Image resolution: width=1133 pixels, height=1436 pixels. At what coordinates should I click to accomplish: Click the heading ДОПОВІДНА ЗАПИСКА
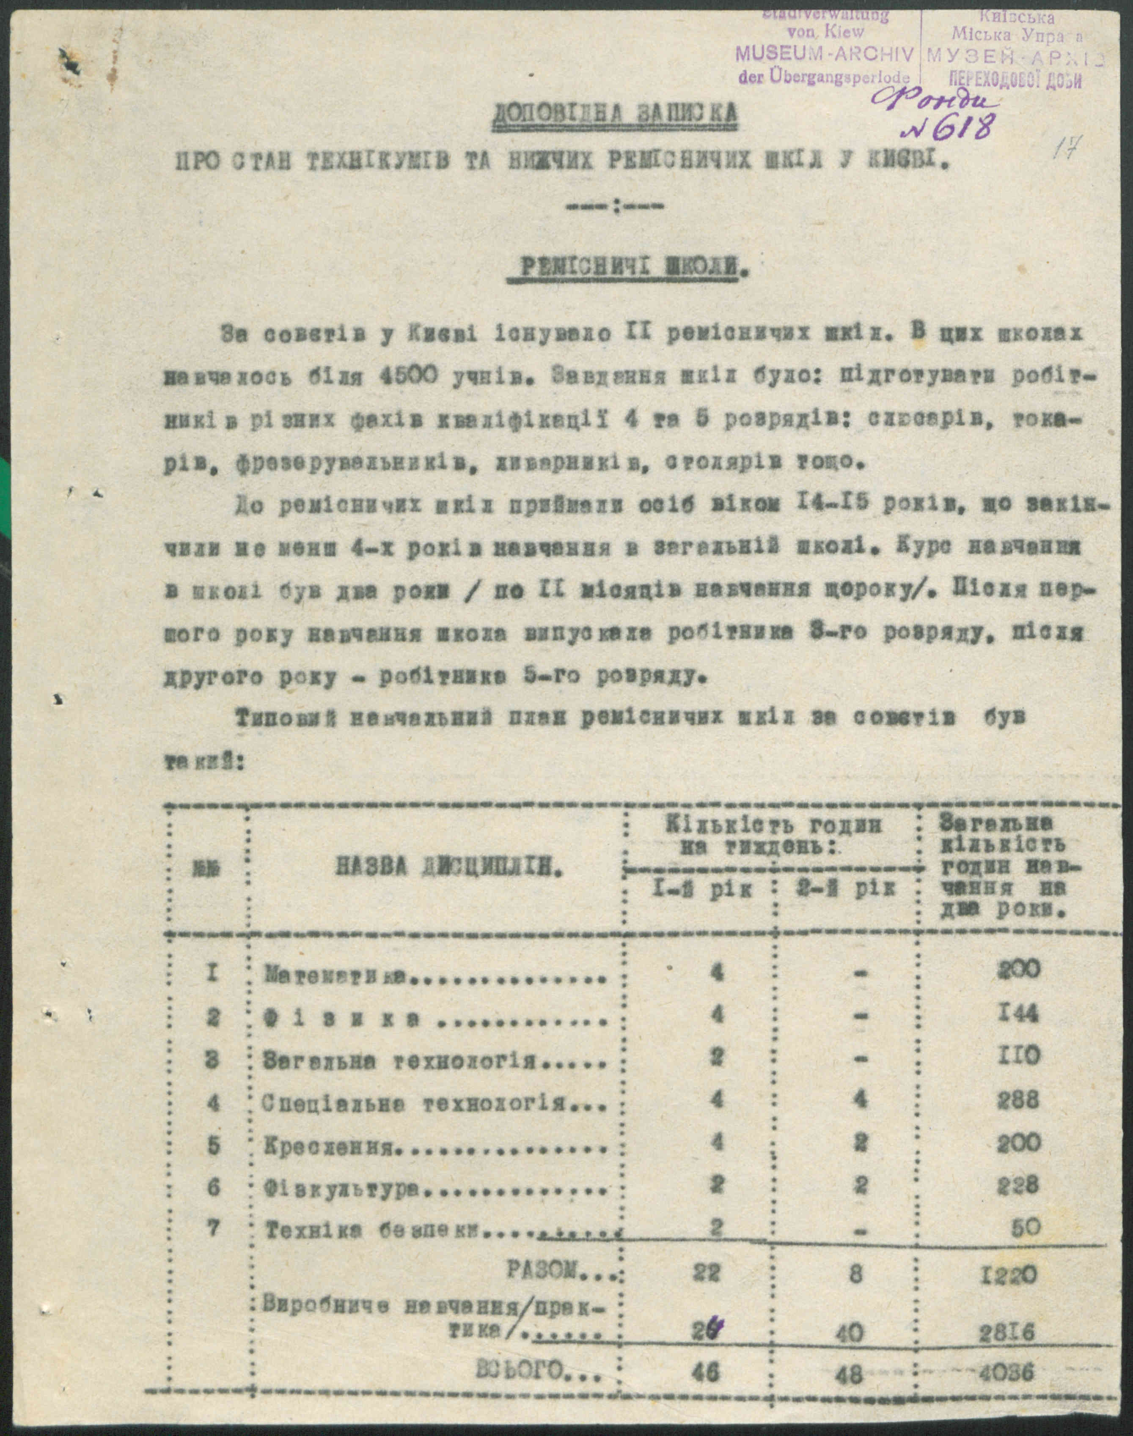(x=614, y=114)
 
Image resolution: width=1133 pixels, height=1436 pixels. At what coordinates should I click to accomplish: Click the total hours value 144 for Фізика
(x=1019, y=1013)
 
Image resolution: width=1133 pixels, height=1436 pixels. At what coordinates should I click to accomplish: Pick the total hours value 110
(x=1019, y=1055)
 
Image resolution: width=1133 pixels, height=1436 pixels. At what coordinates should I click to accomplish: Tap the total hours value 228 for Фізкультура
(x=1018, y=1185)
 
